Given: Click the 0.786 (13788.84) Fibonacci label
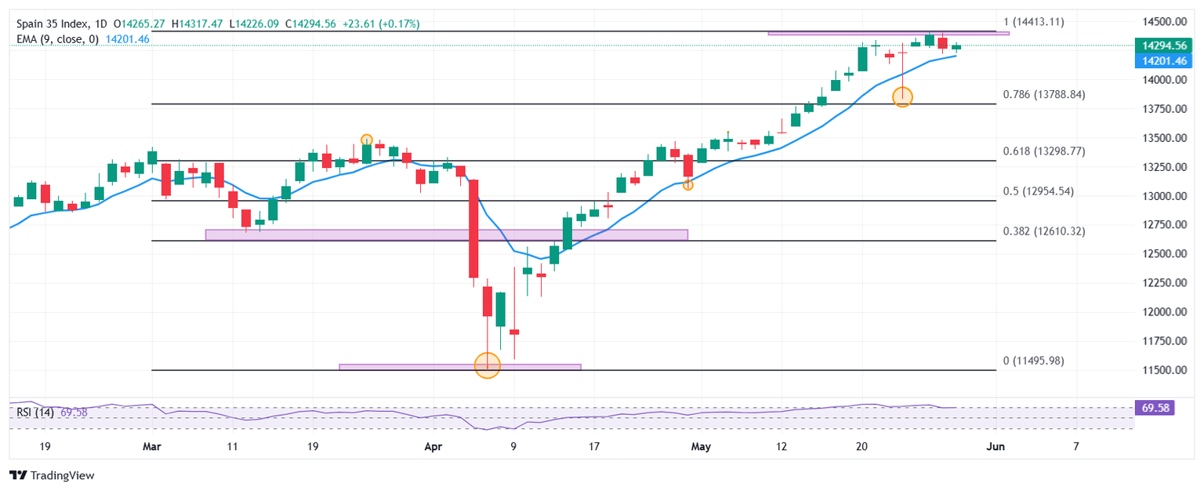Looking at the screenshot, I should coord(1044,95).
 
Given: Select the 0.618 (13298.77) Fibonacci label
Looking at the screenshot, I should coord(1044,151).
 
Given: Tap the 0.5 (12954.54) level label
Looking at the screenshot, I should coord(1039,191).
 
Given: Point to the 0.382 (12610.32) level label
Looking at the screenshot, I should coord(1044,231).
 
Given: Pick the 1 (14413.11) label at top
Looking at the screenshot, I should coord(1034,22).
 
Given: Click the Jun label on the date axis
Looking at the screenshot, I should coord(995,446).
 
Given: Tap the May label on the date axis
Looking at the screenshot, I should coord(699,446).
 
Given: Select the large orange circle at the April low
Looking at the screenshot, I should coord(488,366).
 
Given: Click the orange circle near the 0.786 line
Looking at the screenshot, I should coord(902,96).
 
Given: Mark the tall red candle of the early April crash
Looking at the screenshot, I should coord(473,228).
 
